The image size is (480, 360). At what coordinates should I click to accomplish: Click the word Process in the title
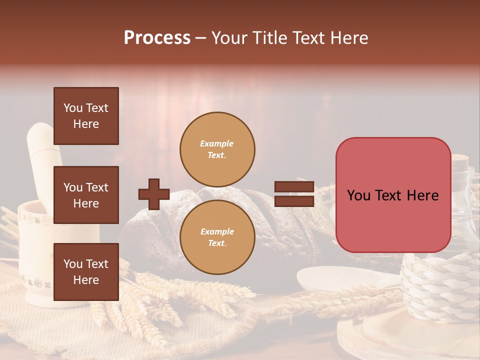(x=157, y=38)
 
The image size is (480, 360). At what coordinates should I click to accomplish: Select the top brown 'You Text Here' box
(x=86, y=116)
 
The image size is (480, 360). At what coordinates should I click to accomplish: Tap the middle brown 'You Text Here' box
(x=86, y=195)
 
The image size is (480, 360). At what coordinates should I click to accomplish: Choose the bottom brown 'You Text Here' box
(x=86, y=271)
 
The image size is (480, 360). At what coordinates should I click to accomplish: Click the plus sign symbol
(x=154, y=194)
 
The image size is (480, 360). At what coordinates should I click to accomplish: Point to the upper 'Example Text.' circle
(x=217, y=149)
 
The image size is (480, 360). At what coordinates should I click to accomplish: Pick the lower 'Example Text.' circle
(x=217, y=237)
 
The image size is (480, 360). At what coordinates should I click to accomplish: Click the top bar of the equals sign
(x=294, y=187)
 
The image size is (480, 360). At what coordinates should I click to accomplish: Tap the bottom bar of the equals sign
(x=294, y=201)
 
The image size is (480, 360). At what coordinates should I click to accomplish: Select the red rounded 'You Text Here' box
(x=393, y=195)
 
